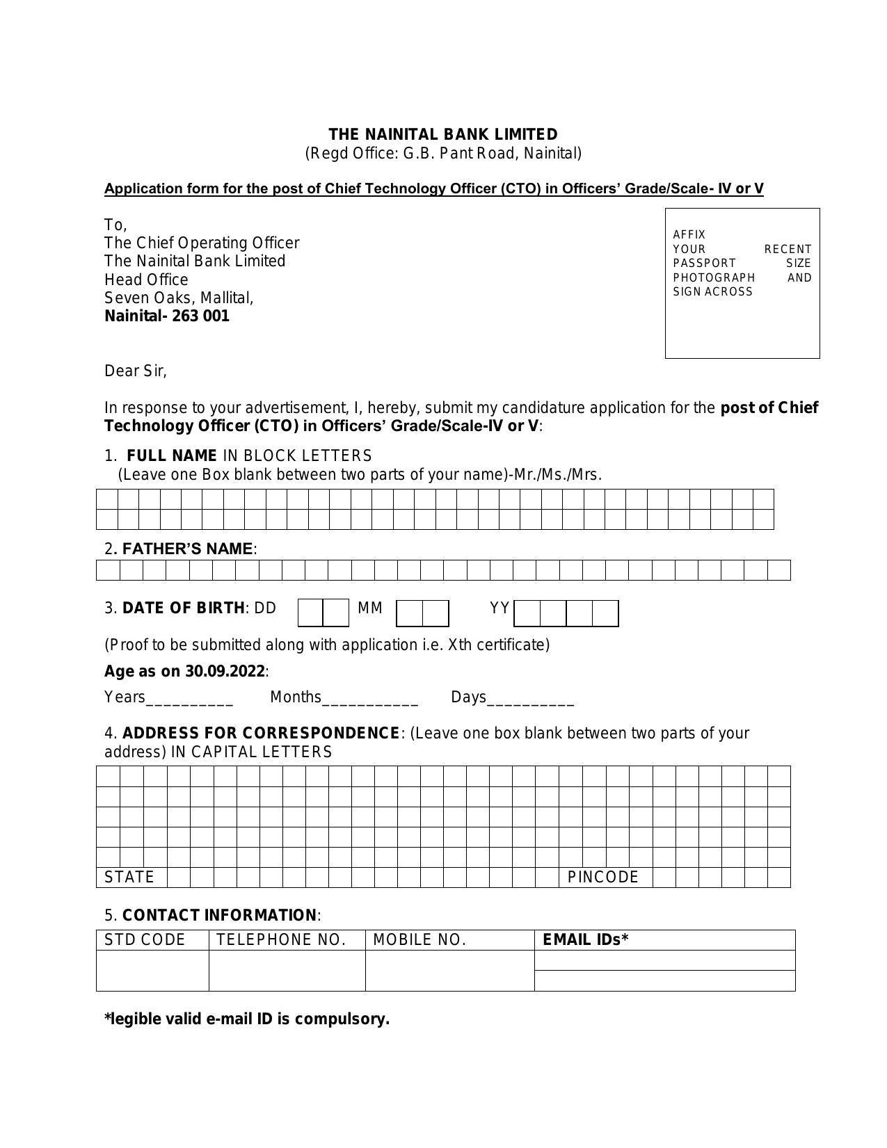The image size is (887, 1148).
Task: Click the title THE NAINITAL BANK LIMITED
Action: pos(443,134)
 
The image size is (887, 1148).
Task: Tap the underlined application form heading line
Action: pos(433,188)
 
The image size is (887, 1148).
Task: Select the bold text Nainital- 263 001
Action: pos(167,316)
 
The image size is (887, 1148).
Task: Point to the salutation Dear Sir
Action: pos(136,371)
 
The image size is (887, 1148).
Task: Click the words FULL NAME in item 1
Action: pos(172,456)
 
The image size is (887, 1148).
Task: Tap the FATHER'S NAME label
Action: pos(187,549)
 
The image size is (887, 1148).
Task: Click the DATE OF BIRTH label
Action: pos(183,608)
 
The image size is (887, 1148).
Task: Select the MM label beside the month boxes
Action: pos(370,608)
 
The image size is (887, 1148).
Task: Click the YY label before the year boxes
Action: pos(500,608)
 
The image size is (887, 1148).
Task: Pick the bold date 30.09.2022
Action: pos(225,672)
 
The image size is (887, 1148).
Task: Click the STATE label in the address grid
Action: pos(129,878)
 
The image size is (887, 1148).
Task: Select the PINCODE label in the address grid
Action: pos(603,878)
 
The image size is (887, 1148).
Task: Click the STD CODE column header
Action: pos(145,940)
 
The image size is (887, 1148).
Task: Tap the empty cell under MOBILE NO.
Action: pos(449,970)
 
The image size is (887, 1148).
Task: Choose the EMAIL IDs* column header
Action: pos(586,940)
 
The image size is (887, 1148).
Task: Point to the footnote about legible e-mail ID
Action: pos(247,1019)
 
